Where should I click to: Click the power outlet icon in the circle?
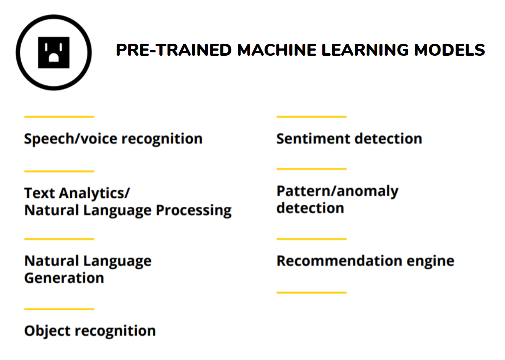click(x=53, y=52)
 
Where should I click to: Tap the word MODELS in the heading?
click(x=449, y=50)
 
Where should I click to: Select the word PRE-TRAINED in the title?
click(x=174, y=50)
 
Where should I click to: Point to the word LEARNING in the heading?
click(x=366, y=50)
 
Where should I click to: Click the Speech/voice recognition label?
click(x=113, y=139)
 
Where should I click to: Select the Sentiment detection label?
click(x=350, y=138)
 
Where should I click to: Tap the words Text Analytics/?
click(x=77, y=193)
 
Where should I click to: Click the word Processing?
click(x=194, y=211)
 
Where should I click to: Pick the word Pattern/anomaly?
click(x=337, y=191)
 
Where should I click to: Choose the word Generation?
click(x=64, y=278)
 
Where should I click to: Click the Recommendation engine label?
click(x=366, y=261)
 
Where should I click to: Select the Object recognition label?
click(x=90, y=331)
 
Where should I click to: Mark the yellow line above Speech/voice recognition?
click(x=59, y=117)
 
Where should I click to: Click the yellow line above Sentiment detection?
click(x=311, y=117)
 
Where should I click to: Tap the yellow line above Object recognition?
click(x=59, y=309)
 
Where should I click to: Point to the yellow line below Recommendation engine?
click(x=311, y=293)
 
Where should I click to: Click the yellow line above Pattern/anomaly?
click(x=311, y=169)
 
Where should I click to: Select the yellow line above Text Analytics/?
click(x=59, y=171)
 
